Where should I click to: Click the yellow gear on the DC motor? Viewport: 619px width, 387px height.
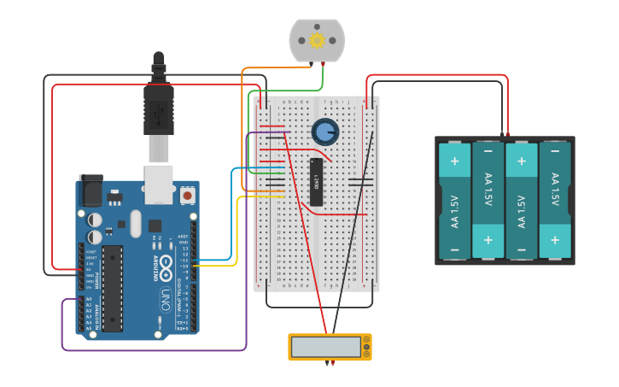tap(318, 40)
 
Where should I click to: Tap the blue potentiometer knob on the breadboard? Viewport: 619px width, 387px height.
tap(324, 132)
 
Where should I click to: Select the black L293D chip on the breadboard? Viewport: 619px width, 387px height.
tap(316, 182)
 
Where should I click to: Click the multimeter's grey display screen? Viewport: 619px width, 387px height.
tap(326, 347)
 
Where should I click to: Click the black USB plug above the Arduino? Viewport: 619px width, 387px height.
tap(159, 106)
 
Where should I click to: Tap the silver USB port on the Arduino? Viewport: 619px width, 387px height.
tap(159, 185)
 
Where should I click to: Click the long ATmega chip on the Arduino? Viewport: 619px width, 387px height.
tap(113, 287)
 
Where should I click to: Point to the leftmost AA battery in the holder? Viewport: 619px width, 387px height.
tap(454, 201)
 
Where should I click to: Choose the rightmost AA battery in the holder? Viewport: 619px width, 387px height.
tap(555, 201)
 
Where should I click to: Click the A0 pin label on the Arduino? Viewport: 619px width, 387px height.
tap(89, 299)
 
